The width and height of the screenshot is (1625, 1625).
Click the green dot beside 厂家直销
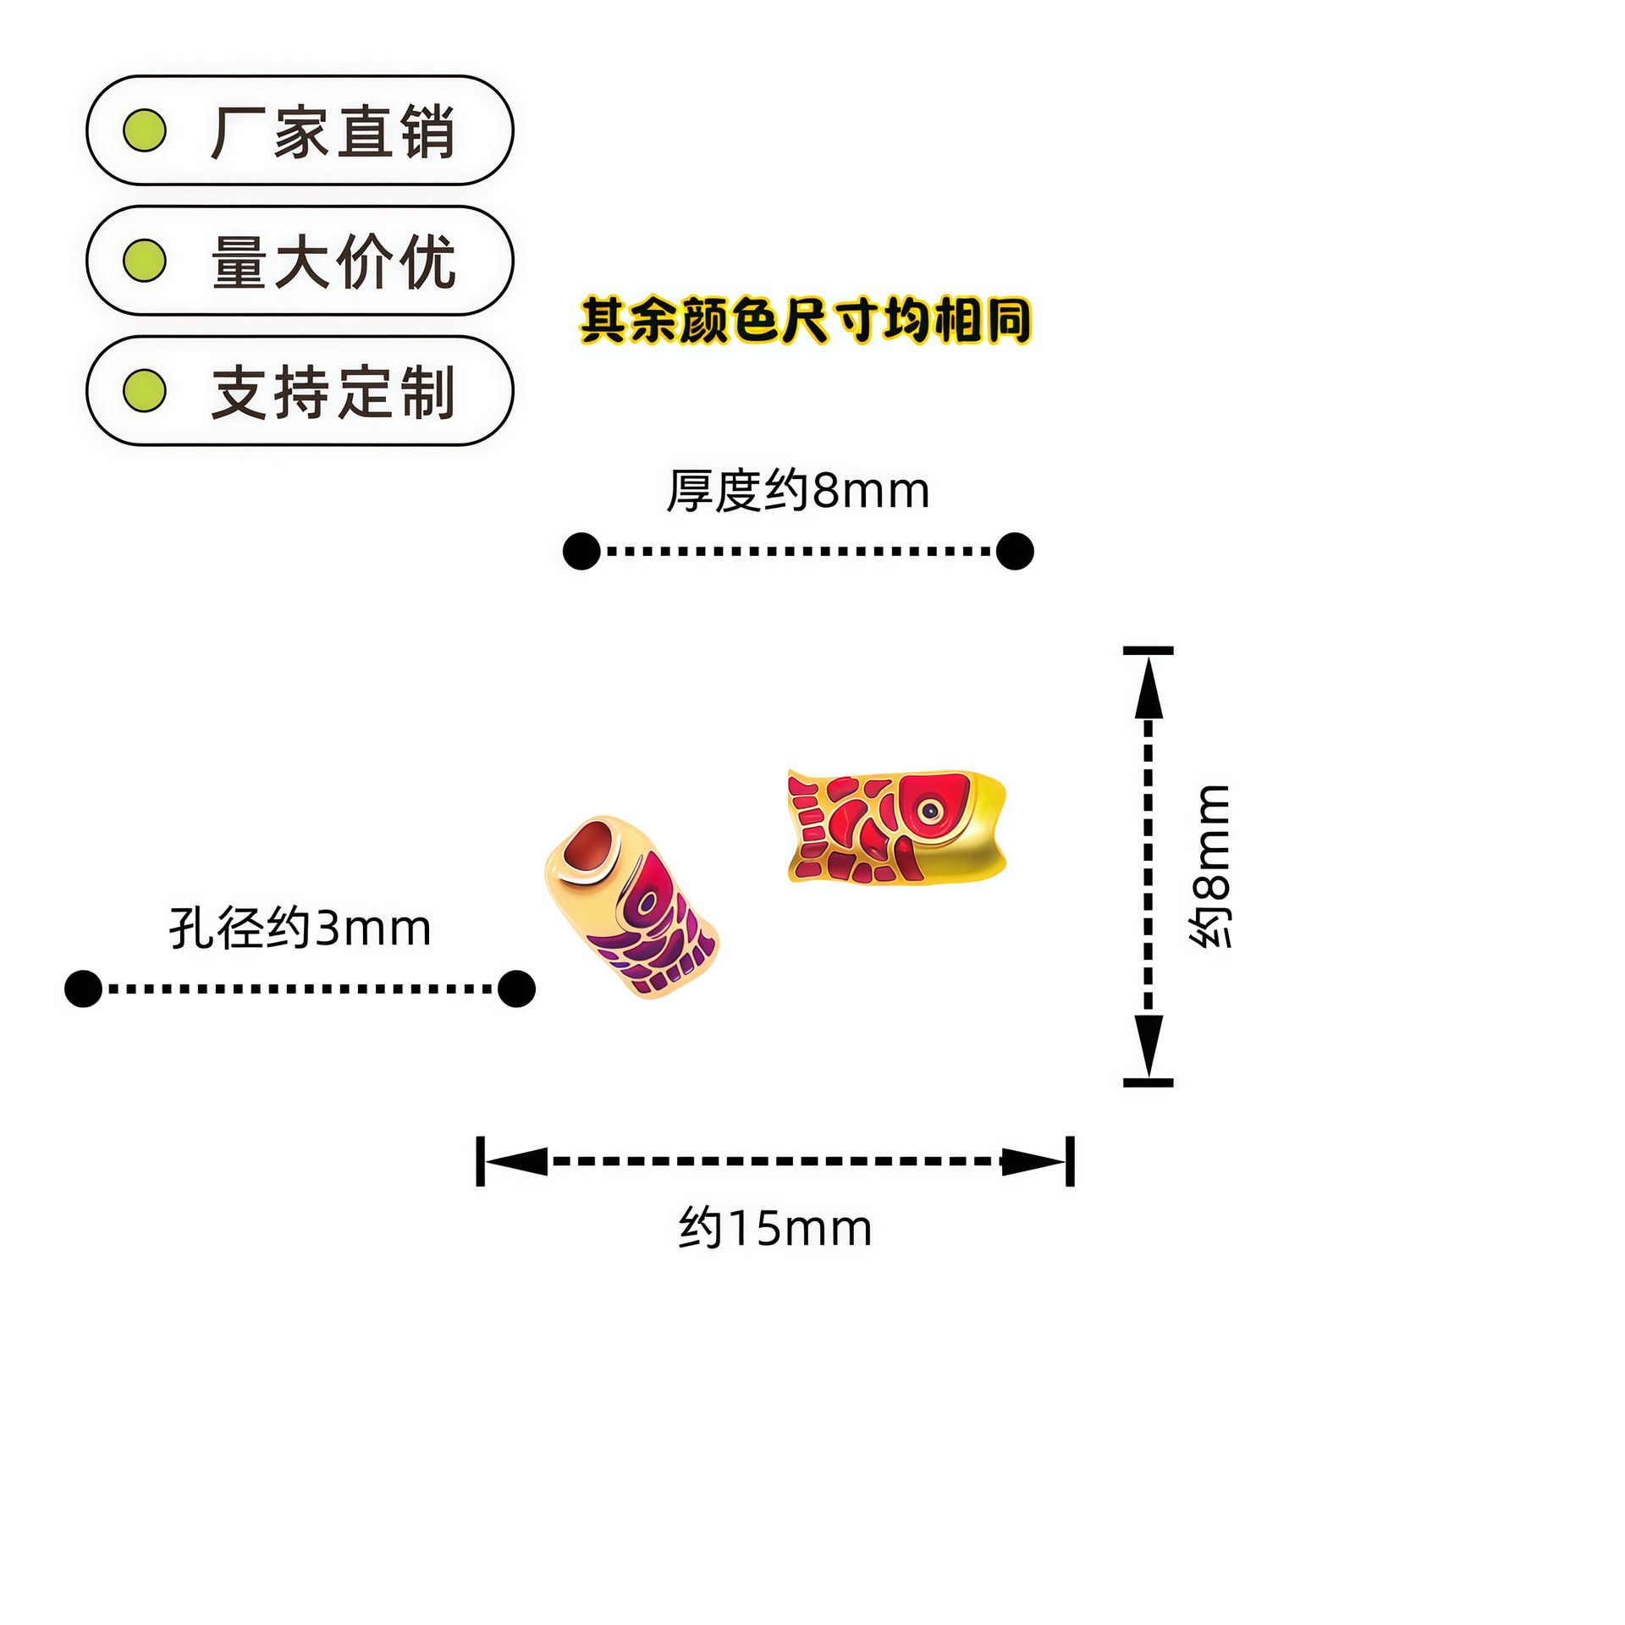(145, 130)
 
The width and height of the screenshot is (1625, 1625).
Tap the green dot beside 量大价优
(145, 260)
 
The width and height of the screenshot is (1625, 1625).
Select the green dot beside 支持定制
(145, 390)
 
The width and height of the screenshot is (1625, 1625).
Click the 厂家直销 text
(333, 132)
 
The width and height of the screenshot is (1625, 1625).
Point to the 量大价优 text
(333, 262)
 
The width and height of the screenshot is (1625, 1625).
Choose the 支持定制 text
(333, 392)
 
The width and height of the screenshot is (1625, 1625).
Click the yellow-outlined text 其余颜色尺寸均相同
(805, 320)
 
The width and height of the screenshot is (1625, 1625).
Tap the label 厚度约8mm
(797, 490)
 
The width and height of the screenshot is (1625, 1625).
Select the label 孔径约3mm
(300, 928)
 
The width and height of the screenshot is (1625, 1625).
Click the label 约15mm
(774, 1228)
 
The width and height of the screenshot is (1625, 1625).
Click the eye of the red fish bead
(930, 811)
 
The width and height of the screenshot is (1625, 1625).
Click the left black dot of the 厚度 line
(581, 551)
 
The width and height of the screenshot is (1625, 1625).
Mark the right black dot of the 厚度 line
(1015, 551)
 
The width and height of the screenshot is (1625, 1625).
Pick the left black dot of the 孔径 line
(83, 989)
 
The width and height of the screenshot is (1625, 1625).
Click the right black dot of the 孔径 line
(516, 989)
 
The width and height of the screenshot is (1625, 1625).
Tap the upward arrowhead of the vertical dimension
(1148, 687)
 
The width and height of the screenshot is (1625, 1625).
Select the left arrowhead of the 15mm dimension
(516, 1161)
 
